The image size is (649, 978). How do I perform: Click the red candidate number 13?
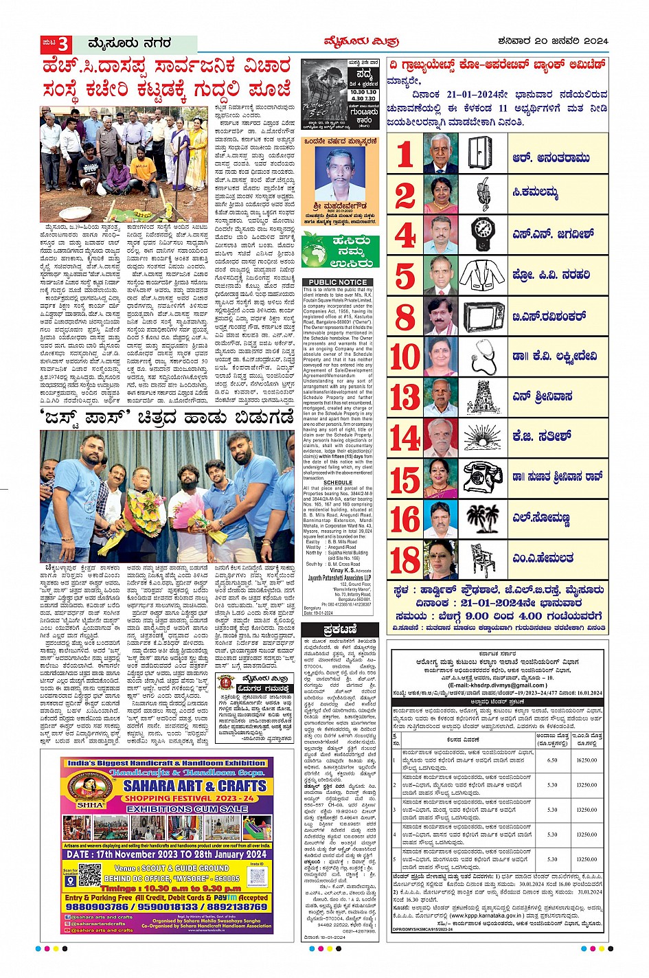click(405, 397)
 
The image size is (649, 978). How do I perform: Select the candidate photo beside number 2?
click(440, 195)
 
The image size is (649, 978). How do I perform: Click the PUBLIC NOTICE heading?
click(337, 282)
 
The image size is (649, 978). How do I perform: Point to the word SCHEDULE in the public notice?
click(337, 483)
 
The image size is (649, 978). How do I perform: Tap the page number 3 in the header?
click(63, 44)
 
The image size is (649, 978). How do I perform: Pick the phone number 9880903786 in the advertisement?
click(98, 907)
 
